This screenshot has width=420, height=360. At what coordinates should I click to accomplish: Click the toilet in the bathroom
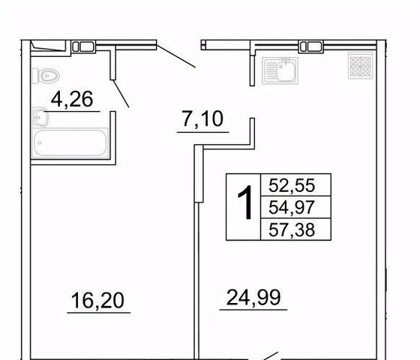[x=46, y=76]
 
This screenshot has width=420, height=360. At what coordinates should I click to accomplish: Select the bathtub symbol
[x=70, y=142]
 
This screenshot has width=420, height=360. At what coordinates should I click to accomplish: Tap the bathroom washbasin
[x=40, y=117]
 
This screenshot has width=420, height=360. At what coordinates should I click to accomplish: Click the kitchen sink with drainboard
[x=280, y=70]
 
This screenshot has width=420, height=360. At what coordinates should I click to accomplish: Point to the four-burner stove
[x=361, y=65]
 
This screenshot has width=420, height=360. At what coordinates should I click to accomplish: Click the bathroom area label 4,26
[x=72, y=99]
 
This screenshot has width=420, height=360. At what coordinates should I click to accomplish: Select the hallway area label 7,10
[x=202, y=119]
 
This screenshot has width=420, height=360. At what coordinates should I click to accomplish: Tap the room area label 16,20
[x=97, y=300]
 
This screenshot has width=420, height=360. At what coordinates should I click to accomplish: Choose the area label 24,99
[x=253, y=297]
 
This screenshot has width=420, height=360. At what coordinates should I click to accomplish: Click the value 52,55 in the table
[x=292, y=185]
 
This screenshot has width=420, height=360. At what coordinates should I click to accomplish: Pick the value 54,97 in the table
[x=292, y=207]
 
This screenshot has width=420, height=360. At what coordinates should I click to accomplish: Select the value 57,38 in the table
[x=292, y=229]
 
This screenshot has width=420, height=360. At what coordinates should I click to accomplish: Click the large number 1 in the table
[x=245, y=202]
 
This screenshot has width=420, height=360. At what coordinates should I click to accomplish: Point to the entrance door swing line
[x=175, y=56]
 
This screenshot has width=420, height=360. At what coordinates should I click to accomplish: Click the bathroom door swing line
[x=121, y=94]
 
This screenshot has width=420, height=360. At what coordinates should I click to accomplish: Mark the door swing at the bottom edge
[x=270, y=356]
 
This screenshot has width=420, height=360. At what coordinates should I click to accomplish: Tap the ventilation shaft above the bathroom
[x=83, y=46]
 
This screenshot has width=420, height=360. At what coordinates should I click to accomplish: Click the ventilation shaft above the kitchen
[x=311, y=46]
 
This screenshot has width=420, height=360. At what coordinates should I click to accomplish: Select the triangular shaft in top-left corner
[x=48, y=46]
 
